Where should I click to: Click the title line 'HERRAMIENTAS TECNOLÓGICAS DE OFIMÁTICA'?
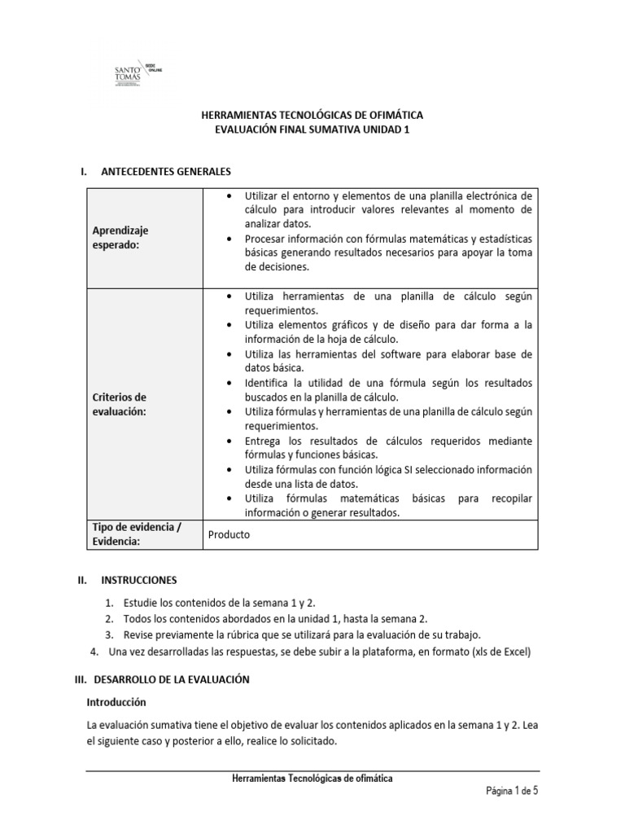[x=312, y=116]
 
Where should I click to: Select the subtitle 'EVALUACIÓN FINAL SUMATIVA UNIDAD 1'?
[x=312, y=130]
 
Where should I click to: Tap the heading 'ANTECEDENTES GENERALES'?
[x=166, y=172]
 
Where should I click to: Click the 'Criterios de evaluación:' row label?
[x=120, y=404]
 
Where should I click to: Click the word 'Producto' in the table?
[x=229, y=535]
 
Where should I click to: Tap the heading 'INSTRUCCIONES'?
[x=138, y=580]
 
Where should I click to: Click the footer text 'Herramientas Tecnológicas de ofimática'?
[x=312, y=779]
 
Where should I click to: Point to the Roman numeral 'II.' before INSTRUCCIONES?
[x=81, y=580]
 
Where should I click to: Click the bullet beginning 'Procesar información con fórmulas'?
[x=378, y=252]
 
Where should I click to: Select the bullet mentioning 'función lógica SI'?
[x=378, y=476]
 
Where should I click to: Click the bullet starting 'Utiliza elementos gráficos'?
[x=378, y=332]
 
